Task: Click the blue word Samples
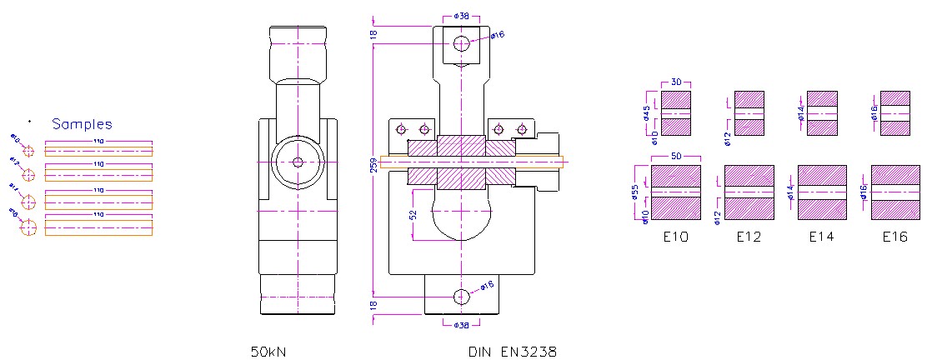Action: point(82,124)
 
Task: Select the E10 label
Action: point(675,237)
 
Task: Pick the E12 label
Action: point(749,237)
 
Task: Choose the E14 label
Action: point(822,237)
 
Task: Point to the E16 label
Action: point(895,237)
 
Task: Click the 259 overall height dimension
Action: point(373,164)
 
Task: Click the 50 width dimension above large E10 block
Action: point(675,157)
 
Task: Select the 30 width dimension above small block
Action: point(676,82)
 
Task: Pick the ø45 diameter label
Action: point(646,113)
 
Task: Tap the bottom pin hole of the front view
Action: point(461,296)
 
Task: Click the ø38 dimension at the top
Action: point(461,16)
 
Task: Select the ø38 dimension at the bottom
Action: point(461,325)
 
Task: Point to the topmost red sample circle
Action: point(28,151)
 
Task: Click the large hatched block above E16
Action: point(894,192)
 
